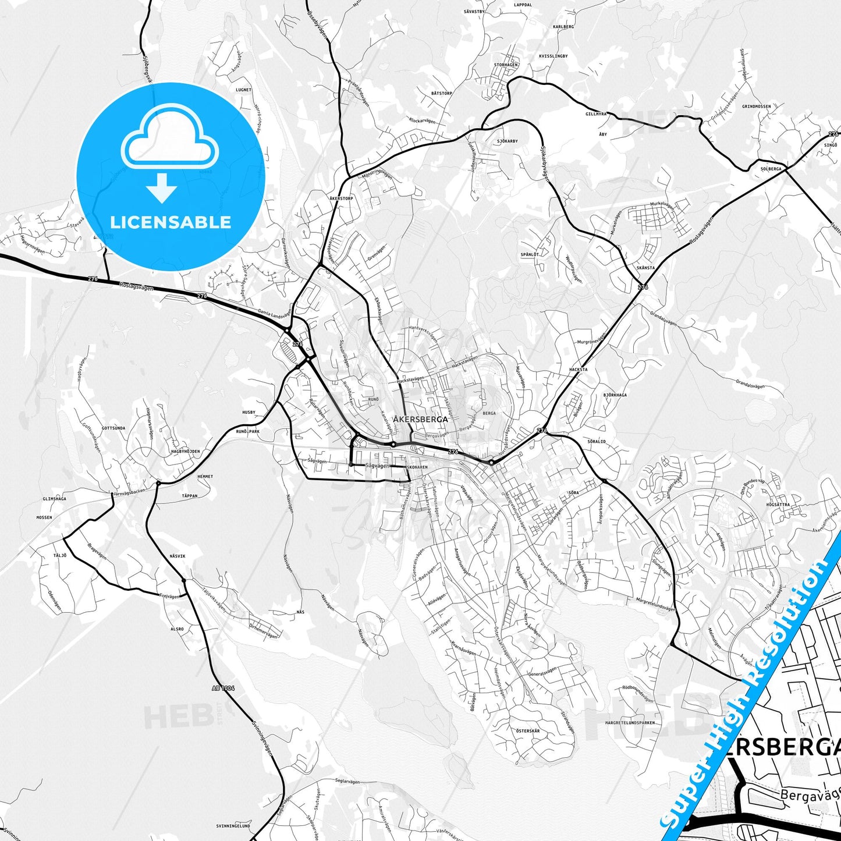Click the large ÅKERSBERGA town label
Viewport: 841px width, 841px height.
(x=420, y=419)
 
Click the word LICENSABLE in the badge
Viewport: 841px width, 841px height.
(x=171, y=222)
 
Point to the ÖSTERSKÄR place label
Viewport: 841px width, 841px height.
(x=527, y=731)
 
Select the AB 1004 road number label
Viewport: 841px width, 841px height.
(x=223, y=688)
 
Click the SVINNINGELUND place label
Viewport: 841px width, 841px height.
(x=233, y=826)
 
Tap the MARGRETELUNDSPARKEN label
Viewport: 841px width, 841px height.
(x=630, y=722)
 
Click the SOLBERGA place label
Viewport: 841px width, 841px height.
(x=771, y=169)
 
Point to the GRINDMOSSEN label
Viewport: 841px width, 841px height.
(x=757, y=107)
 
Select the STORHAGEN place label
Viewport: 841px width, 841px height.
(x=505, y=65)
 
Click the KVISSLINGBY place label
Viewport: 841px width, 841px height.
(x=553, y=56)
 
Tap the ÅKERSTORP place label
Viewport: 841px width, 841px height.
(x=341, y=198)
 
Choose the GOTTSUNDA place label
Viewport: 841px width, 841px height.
(x=113, y=428)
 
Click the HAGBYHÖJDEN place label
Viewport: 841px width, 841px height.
(x=185, y=452)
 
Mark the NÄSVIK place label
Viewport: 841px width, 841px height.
(x=178, y=556)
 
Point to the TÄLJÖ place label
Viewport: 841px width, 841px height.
(x=60, y=555)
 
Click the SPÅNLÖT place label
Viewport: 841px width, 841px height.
(x=530, y=254)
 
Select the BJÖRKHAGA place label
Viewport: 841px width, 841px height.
(x=615, y=395)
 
